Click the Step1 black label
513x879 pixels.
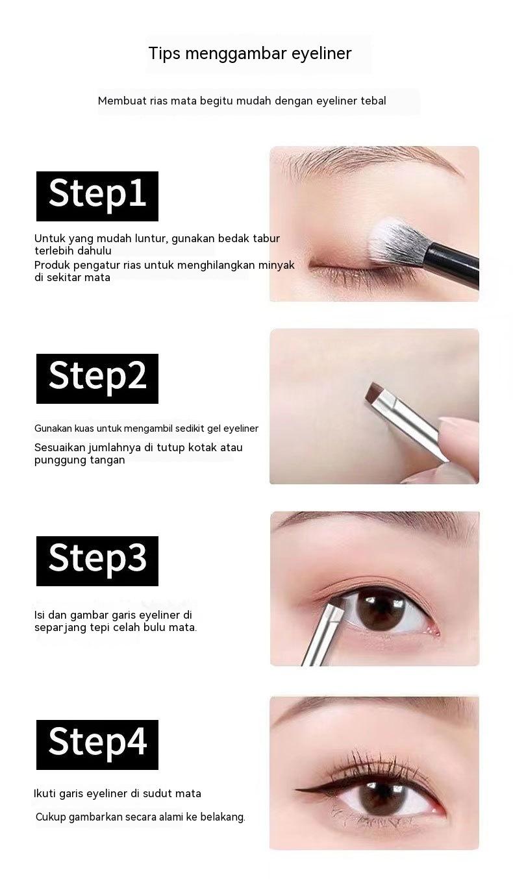(97, 195)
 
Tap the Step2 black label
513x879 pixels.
(97, 378)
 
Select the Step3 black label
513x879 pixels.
(97, 560)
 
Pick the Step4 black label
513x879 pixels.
(97, 744)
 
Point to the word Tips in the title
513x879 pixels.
(164, 53)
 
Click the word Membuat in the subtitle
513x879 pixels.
(121, 101)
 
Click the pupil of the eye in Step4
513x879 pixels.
(379, 797)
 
